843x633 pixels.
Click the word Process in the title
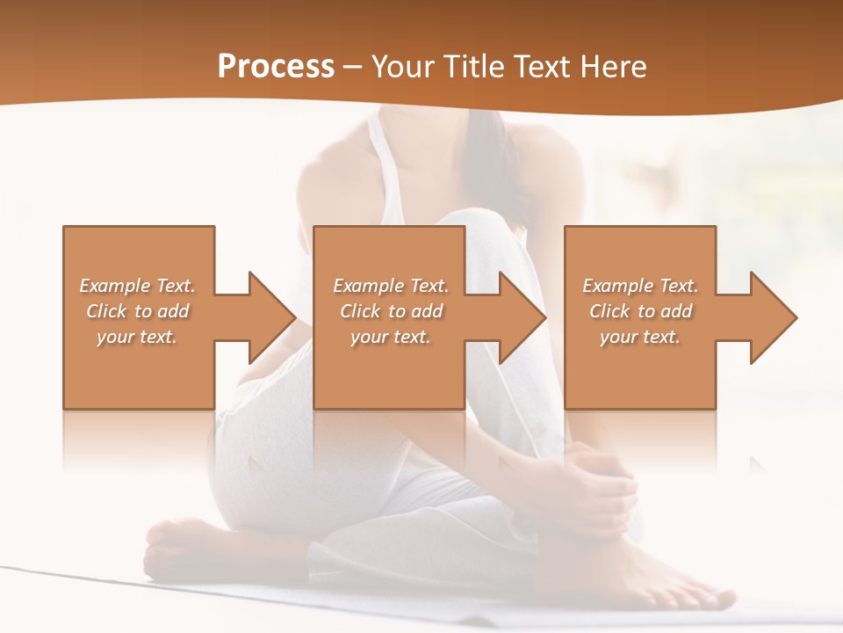(276, 66)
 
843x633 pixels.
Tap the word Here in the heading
(611, 66)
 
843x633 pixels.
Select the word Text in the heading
(541, 66)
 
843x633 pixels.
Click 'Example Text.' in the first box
(138, 286)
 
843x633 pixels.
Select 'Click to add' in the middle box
(391, 311)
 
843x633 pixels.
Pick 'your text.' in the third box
(640, 337)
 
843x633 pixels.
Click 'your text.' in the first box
(138, 337)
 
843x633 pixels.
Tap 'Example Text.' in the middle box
(391, 286)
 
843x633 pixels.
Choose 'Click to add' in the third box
(640, 311)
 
